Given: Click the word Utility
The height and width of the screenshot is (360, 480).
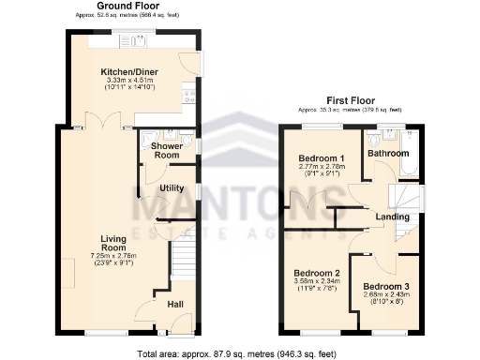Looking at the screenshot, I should tap(172, 188).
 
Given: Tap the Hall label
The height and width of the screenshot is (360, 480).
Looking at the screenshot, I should tap(175, 304).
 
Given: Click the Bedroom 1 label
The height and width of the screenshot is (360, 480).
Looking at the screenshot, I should tap(315, 157).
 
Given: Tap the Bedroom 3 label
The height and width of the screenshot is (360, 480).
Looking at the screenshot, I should tap(384, 286).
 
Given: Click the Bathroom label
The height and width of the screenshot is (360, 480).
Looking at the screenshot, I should tap(387, 153).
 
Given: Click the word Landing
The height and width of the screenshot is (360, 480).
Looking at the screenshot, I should tap(392, 217).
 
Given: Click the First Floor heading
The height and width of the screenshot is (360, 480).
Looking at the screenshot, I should tap(351, 100).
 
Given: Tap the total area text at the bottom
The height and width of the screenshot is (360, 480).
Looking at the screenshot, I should tap(236, 353).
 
